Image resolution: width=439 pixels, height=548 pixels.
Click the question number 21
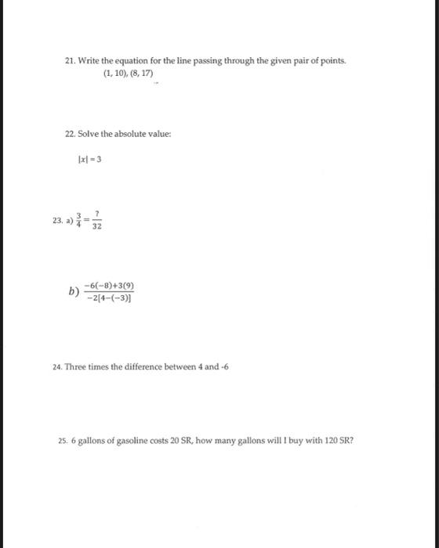[x=71, y=61]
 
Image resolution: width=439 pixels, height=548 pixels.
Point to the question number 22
[x=71, y=134]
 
